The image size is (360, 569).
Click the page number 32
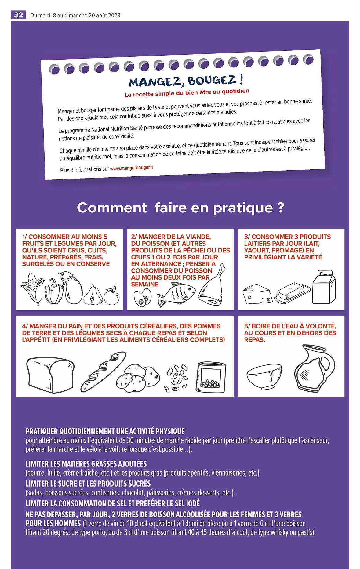point(18,15)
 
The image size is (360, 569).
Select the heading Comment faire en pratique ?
point(180,208)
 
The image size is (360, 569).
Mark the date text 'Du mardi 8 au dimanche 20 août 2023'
point(75,15)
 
